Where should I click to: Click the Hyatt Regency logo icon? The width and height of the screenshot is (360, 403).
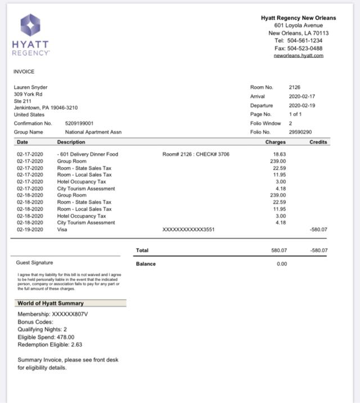click(30, 25)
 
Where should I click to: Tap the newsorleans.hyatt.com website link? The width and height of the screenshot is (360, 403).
click(298, 56)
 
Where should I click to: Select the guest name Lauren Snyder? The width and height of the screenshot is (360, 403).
click(30, 87)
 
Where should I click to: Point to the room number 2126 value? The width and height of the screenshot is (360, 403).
click(295, 87)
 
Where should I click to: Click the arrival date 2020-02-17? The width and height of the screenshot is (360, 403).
click(301, 96)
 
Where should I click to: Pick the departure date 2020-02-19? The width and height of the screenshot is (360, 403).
click(301, 105)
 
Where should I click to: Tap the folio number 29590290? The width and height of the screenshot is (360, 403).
click(300, 132)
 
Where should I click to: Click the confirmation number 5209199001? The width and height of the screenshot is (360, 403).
click(75, 123)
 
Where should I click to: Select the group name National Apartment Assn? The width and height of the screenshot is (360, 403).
click(93, 132)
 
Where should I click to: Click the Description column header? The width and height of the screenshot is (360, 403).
click(71, 142)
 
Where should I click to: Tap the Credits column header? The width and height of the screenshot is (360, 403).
click(318, 142)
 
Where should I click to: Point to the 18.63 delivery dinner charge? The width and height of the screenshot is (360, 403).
click(280, 154)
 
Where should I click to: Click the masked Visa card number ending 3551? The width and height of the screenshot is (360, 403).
click(188, 230)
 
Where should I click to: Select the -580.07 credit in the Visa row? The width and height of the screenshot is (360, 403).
click(318, 230)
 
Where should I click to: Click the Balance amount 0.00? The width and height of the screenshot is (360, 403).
click(282, 263)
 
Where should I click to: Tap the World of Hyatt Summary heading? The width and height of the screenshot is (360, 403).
click(51, 303)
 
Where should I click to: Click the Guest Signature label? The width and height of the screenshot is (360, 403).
click(35, 262)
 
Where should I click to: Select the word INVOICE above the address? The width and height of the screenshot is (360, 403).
click(24, 71)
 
